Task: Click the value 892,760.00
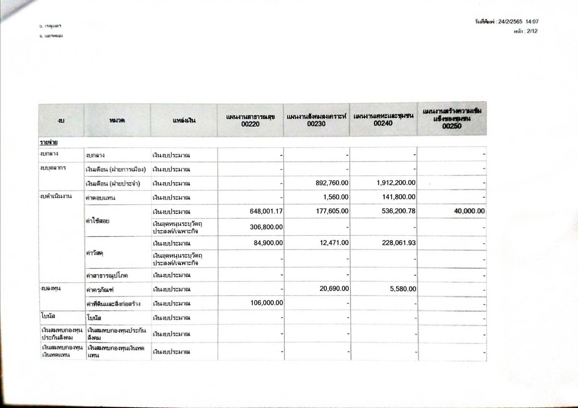click(332, 183)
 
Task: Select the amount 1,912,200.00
click(396, 183)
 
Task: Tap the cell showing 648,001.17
click(266, 211)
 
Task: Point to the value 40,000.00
click(469, 211)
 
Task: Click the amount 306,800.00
click(266, 227)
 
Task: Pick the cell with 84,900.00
click(268, 243)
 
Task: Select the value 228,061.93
click(398, 243)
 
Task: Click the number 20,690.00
click(334, 289)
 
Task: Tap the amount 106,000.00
click(266, 303)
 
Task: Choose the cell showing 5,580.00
click(403, 289)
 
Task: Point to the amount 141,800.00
click(398, 197)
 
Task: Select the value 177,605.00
click(332, 211)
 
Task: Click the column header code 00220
click(250, 124)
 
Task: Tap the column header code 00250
click(452, 126)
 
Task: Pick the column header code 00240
click(383, 123)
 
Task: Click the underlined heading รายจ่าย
click(49, 142)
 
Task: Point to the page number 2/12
click(532, 31)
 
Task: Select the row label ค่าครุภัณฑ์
click(100, 290)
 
